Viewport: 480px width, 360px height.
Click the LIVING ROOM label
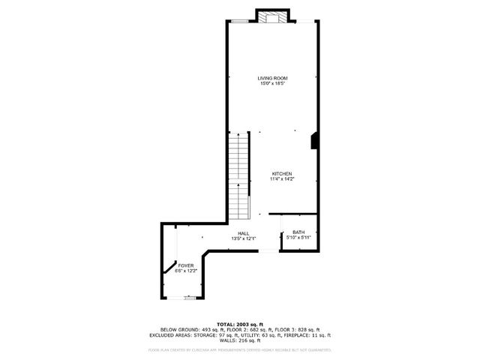tap(272, 78)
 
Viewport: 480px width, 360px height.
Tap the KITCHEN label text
tap(281, 173)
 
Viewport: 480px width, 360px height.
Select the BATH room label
tap(298, 232)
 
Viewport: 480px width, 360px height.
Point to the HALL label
tap(243, 233)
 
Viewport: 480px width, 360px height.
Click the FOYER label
tap(185, 265)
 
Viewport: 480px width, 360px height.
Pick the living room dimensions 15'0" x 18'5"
tap(272, 83)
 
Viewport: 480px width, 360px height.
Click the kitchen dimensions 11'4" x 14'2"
tap(281, 178)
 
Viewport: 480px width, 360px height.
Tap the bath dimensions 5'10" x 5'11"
tap(298, 238)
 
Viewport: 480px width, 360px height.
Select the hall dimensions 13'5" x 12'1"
tap(243, 238)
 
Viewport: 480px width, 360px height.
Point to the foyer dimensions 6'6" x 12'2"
tap(185, 270)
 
